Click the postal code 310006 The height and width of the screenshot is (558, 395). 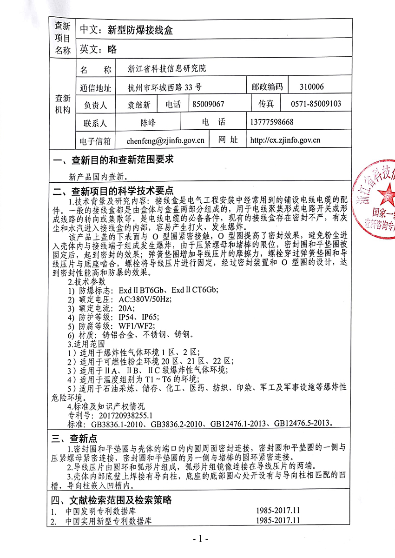[x=312, y=86]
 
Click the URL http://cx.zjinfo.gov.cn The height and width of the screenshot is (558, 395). [x=285, y=140]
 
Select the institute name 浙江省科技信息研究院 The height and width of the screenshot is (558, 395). [x=167, y=69]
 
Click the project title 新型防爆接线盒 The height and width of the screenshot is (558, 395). [x=140, y=30]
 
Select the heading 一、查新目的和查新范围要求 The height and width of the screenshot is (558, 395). [x=113, y=159]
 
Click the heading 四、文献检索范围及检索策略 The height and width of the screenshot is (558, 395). [x=112, y=500]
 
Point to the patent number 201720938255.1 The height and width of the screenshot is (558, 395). [x=124, y=414]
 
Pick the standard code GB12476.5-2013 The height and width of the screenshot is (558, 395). [x=302, y=423]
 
